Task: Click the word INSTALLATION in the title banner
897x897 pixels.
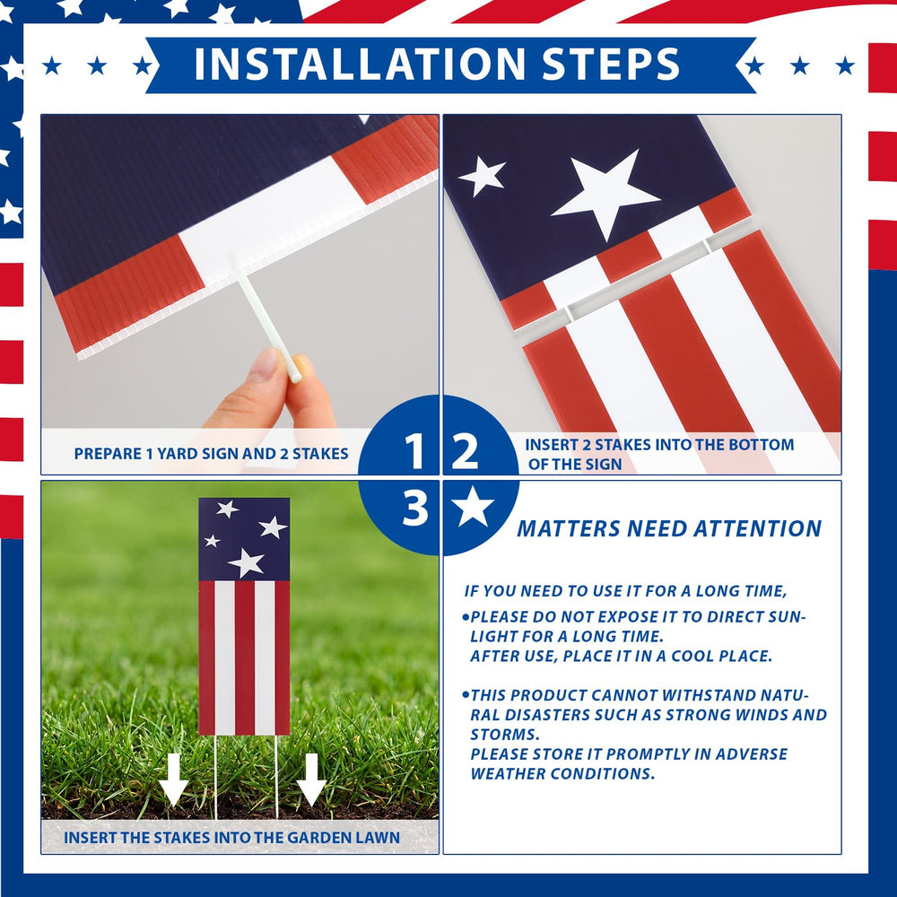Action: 360,63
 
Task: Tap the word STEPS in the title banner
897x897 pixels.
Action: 610,63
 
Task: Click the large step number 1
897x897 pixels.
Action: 414,452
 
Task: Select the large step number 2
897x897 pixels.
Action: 465,452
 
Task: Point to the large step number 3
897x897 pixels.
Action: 415,507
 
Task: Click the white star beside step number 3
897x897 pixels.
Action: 473,507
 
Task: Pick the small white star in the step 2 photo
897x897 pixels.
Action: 482,176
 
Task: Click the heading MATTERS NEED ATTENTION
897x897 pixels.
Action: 669,528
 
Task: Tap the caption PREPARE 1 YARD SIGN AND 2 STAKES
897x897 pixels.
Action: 211,454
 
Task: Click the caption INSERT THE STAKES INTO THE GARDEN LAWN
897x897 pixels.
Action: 231,838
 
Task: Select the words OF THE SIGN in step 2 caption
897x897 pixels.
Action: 574,464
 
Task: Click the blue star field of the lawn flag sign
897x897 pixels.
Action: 244,539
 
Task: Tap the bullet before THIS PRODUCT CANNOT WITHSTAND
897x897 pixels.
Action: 466,695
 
